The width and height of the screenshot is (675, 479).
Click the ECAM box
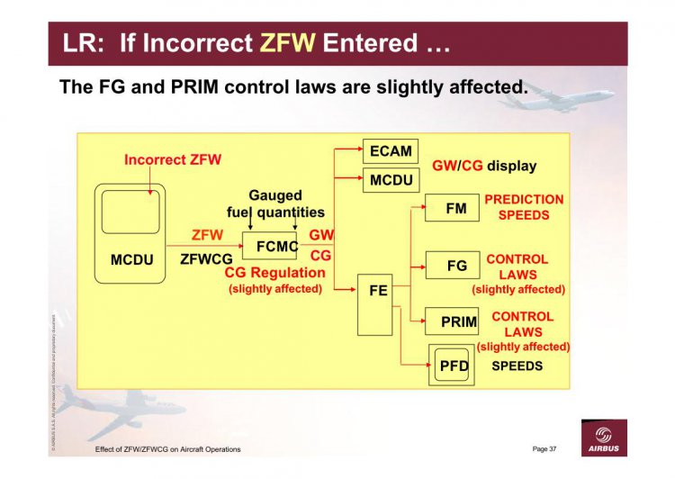click(x=391, y=151)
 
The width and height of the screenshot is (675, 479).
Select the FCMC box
click(x=270, y=245)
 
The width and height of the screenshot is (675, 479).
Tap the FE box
click(x=378, y=303)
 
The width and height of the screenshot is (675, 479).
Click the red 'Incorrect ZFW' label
click(x=173, y=160)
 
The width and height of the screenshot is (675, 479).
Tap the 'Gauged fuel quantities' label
click(x=274, y=203)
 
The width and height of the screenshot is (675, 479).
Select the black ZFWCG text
click(x=206, y=259)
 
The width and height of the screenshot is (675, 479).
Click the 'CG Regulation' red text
click(x=274, y=273)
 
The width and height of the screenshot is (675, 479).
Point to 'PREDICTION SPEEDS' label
click(x=524, y=207)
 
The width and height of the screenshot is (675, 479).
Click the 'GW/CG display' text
click(x=484, y=166)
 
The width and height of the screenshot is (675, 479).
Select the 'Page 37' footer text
click(x=544, y=448)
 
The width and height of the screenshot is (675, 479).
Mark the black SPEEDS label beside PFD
click(x=517, y=366)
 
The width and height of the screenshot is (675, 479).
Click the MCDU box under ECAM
click(x=391, y=180)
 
